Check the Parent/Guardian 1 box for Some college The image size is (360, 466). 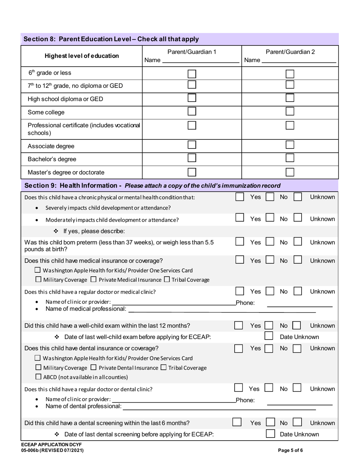(192, 111)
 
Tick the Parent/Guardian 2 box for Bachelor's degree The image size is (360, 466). (290, 158)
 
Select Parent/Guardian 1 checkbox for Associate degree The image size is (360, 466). (192, 145)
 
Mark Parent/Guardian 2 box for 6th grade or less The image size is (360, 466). (290, 73)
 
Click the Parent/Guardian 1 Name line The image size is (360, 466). (200, 61)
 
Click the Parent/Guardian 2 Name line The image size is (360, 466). (299, 61)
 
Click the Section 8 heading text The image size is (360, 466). (111, 39)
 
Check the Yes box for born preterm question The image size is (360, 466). (240, 242)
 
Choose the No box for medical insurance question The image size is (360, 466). (270, 260)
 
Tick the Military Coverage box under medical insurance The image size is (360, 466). (38, 280)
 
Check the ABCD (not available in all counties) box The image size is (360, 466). (38, 377)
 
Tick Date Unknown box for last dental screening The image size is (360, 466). (270, 434)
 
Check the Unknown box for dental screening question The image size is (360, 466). (297, 422)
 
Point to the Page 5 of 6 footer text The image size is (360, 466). (290, 450)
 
